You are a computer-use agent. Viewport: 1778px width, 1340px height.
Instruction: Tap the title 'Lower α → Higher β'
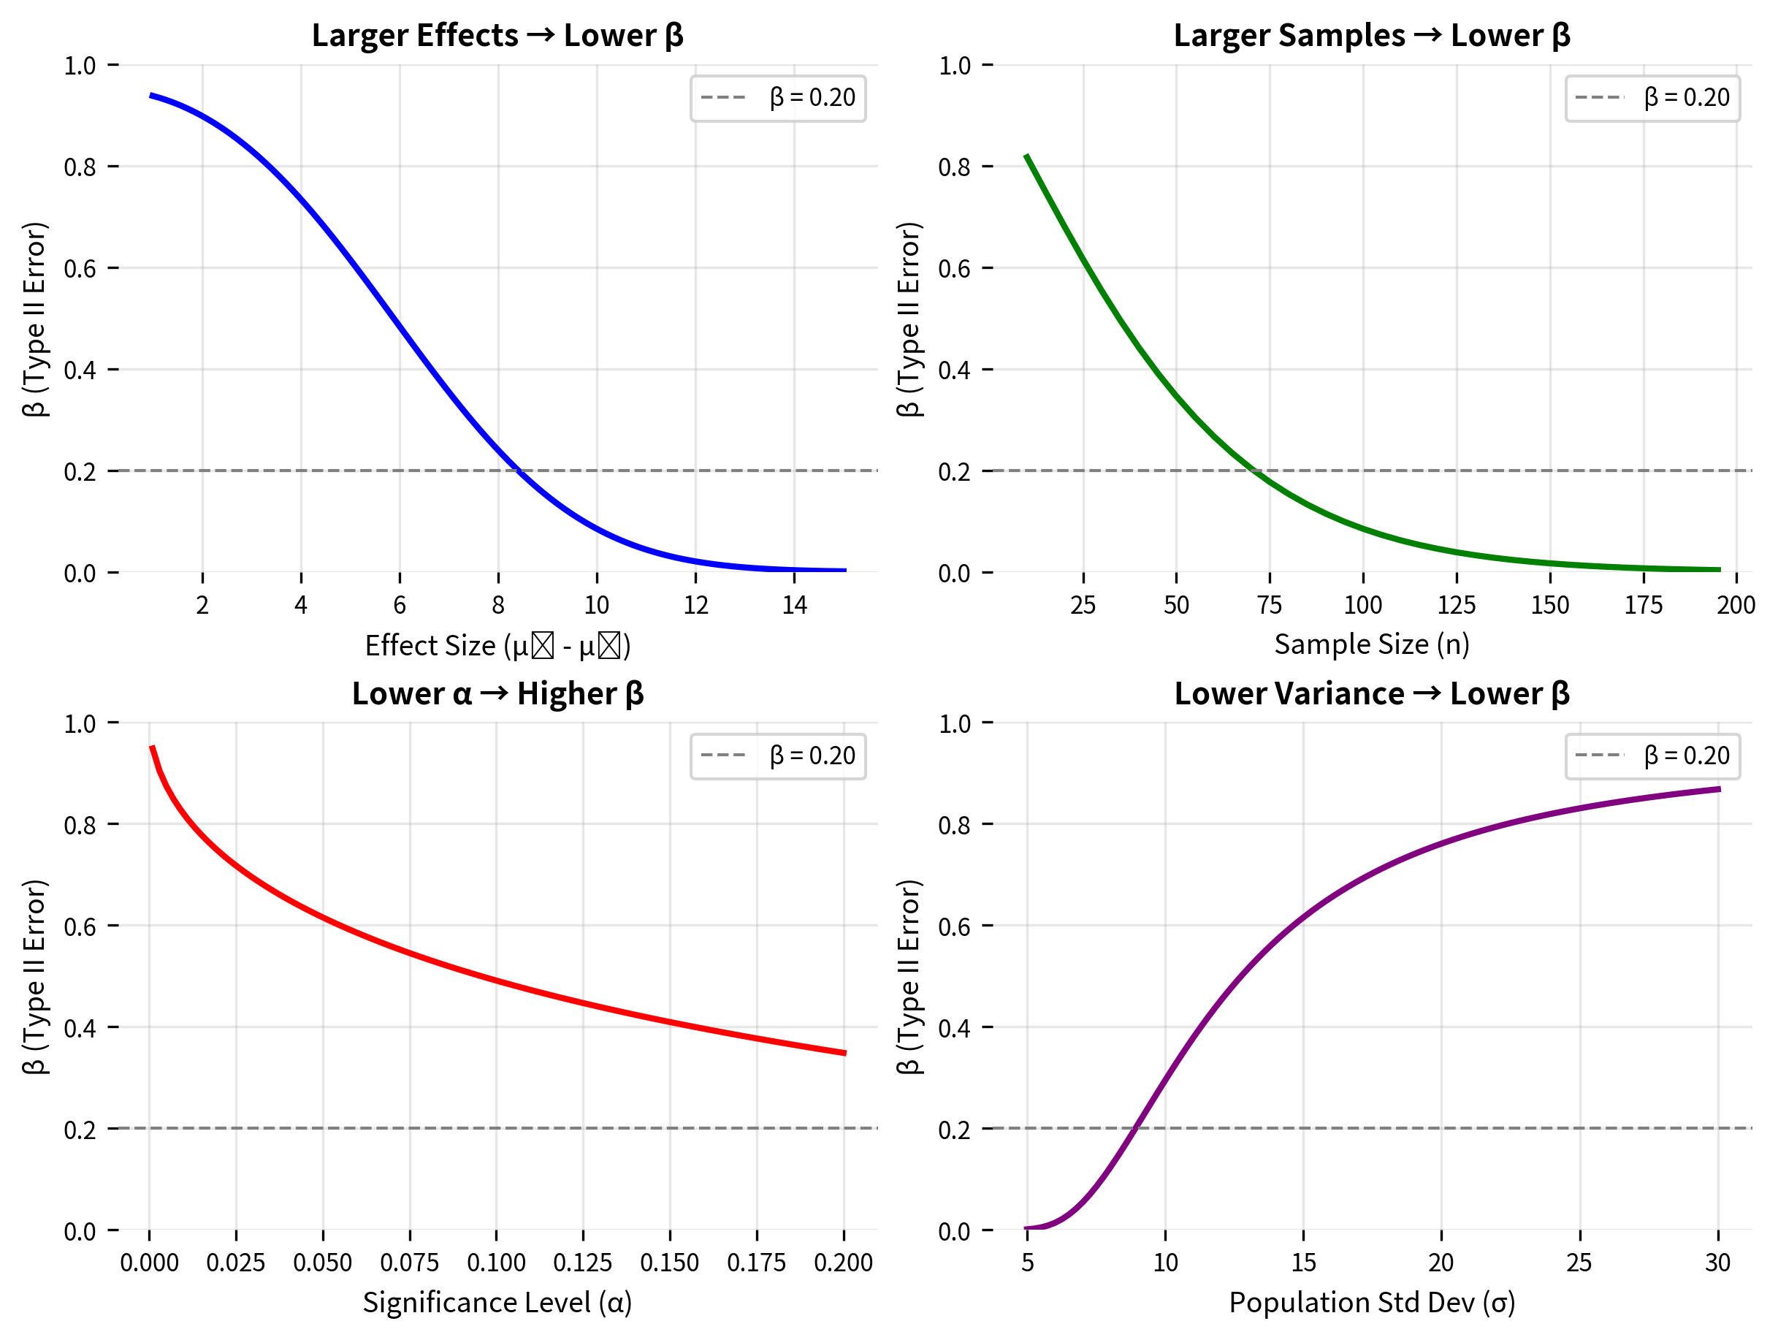point(497,693)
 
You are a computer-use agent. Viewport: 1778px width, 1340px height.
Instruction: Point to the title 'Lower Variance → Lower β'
point(1371,693)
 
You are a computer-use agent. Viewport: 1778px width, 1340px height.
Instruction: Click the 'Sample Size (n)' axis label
point(1371,644)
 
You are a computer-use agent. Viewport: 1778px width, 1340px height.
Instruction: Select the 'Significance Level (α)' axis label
point(497,1302)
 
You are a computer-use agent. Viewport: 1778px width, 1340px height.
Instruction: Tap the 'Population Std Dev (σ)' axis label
point(1371,1302)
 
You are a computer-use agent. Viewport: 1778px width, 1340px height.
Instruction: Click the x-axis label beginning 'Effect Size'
point(497,645)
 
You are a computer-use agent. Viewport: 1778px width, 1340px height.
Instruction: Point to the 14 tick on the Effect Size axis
point(794,604)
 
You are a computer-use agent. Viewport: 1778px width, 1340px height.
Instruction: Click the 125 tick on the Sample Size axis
point(1457,604)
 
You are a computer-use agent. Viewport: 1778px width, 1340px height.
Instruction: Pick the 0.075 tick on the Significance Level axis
point(409,1263)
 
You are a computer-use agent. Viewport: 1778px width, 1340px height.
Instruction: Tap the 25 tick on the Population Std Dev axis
point(1579,1263)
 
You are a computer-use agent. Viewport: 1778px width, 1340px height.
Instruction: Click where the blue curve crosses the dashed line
point(519,471)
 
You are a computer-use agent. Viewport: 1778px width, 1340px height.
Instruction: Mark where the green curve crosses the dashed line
point(1254,471)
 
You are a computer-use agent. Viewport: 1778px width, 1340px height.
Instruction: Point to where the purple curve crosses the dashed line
point(1135,1128)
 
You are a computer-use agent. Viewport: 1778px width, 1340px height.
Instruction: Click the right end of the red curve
point(844,1053)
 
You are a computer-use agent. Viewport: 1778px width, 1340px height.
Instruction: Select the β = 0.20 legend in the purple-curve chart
point(1652,755)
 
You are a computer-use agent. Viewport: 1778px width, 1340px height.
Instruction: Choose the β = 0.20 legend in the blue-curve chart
point(777,98)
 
